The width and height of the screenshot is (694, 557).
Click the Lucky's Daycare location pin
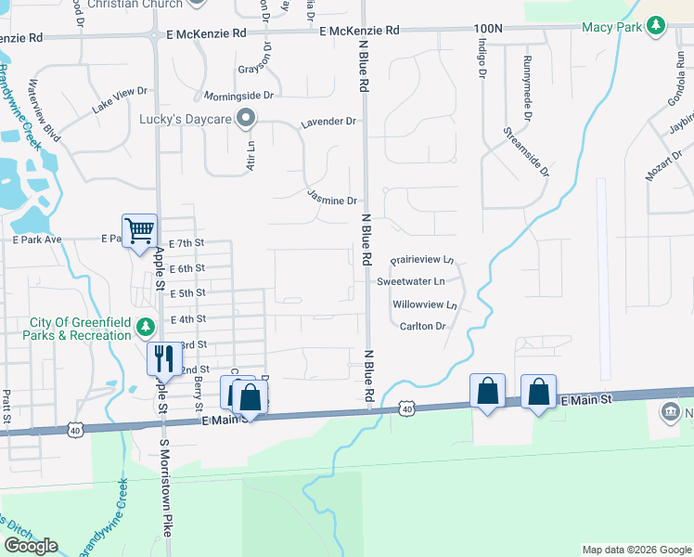pyautogui.click(x=246, y=118)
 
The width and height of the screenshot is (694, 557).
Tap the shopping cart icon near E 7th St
pyautogui.click(x=139, y=230)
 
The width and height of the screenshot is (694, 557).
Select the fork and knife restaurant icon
pyautogui.click(x=164, y=357)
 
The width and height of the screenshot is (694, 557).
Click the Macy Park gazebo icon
pyautogui.click(x=656, y=25)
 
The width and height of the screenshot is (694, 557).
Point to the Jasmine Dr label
pyautogui.click(x=332, y=200)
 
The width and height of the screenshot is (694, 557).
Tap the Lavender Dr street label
pyautogui.click(x=328, y=122)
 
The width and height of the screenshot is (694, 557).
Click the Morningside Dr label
pyautogui.click(x=239, y=95)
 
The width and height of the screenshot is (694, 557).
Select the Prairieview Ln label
pyautogui.click(x=422, y=260)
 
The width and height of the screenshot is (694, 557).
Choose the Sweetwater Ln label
pyautogui.click(x=411, y=280)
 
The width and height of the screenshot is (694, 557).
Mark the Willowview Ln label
pyautogui.click(x=425, y=304)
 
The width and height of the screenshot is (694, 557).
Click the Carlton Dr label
pyautogui.click(x=423, y=326)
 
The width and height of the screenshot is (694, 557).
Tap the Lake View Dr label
pyautogui.click(x=120, y=100)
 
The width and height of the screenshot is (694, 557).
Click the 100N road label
pyautogui.click(x=487, y=30)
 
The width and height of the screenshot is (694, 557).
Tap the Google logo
pyautogui.click(x=31, y=545)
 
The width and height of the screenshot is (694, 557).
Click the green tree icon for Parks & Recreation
pyautogui.click(x=145, y=327)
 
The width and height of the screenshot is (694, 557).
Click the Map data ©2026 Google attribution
pyautogui.click(x=636, y=550)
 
